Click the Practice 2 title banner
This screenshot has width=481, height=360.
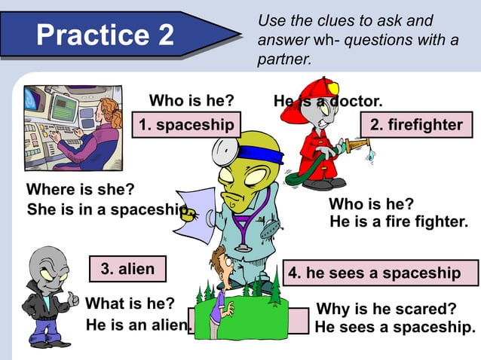(x=106, y=35)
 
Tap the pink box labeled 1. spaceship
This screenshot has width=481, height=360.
(x=185, y=124)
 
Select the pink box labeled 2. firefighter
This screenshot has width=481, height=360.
(x=416, y=124)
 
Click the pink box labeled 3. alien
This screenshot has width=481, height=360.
(x=127, y=269)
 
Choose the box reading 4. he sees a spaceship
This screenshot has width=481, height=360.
(x=381, y=273)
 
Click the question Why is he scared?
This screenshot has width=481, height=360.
(x=386, y=309)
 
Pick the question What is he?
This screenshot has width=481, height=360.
(x=130, y=304)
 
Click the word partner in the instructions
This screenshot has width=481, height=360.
(x=283, y=59)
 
